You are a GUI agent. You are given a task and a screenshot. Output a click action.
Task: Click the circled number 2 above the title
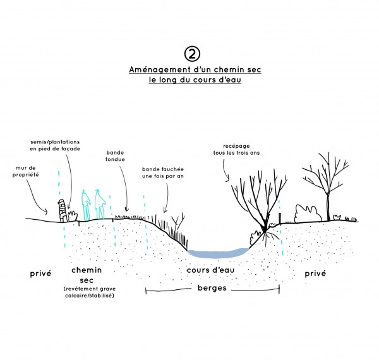(x=192, y=54)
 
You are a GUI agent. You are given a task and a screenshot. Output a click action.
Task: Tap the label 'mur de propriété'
(x=26, y=171)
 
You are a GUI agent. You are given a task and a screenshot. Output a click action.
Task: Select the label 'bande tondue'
(x=115, y=156)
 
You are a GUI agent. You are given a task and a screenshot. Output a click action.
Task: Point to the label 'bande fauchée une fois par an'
(x=163, y=173)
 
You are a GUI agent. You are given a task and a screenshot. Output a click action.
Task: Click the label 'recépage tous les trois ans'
(x=236, y=150)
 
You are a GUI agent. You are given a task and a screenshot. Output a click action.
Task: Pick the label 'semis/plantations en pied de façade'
(x=55, y=145)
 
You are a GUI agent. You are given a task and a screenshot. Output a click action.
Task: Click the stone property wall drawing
(x=63, y=211)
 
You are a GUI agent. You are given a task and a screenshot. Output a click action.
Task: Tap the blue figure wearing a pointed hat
(x=100, y=204)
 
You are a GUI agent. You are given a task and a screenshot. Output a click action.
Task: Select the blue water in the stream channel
(x=218, y=253)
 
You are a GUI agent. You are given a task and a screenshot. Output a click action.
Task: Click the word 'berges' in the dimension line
(x=212, y=288)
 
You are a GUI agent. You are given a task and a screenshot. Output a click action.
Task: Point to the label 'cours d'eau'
(x=210, y=270)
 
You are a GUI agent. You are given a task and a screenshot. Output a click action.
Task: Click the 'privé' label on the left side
(x=40, y=273)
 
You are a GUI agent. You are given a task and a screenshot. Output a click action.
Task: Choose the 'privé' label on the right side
(x=315, y=273)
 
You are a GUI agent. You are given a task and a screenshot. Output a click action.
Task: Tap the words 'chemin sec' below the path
(x=87, y=275)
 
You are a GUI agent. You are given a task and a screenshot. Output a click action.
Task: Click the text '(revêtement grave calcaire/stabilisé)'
(x=90, y=292)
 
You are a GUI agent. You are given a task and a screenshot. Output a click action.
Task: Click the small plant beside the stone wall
(x=73, y=216)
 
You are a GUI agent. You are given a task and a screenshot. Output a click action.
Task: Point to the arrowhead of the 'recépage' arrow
(x=227, y=180)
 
